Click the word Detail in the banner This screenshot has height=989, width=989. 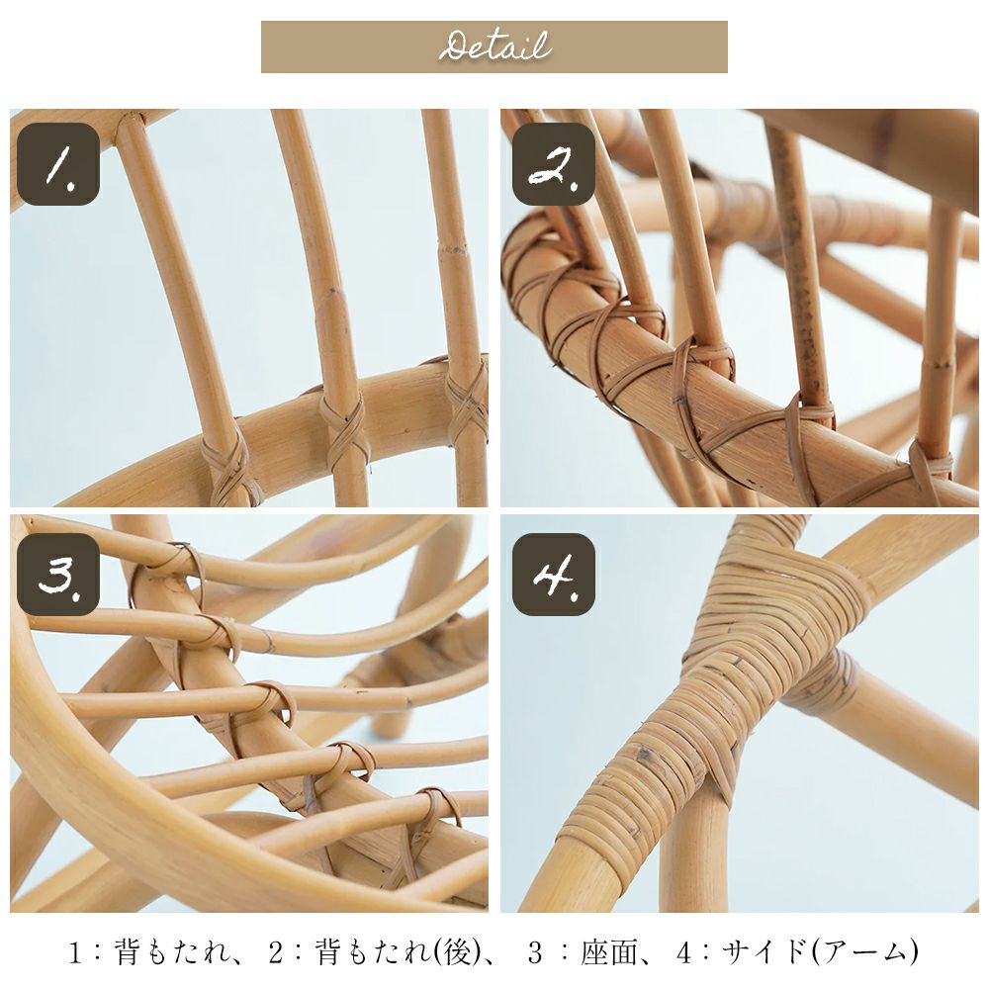tap(494, 46)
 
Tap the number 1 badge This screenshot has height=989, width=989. tap(58, 164)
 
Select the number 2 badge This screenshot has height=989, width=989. tap(553, 164)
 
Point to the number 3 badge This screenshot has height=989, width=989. tap(58, 574)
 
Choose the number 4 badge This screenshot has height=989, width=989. tap(553, 574)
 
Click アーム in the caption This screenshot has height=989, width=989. tap(863, 951)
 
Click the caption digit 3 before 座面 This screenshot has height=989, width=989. tap(535, 952)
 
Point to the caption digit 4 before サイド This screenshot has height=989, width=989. tap(684, 952)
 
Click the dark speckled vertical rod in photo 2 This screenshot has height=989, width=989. tap(800, 265)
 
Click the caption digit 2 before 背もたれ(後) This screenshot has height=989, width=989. tap(276, 952)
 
